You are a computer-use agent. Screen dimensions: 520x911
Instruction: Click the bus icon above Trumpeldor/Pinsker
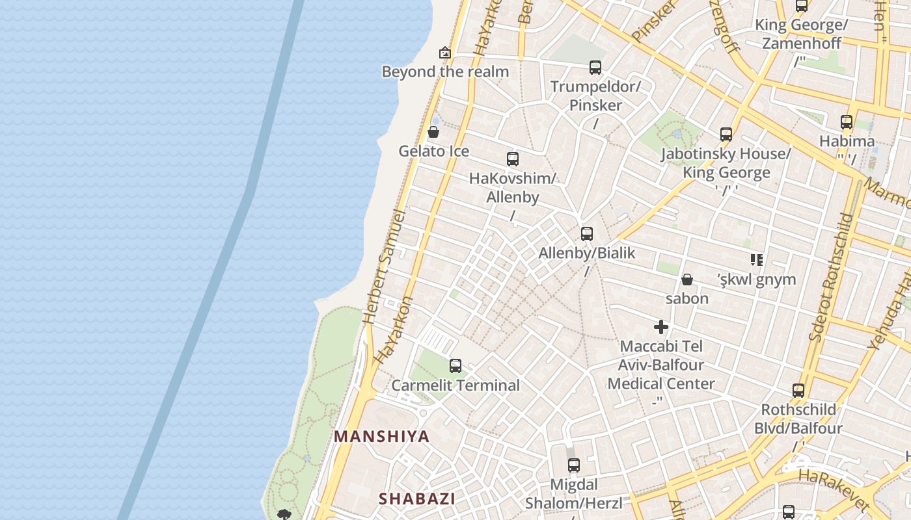pos(595,67)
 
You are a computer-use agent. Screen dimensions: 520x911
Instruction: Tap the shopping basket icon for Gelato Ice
pos(433,133)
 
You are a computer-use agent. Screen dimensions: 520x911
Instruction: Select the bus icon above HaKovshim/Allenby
pos(513,159)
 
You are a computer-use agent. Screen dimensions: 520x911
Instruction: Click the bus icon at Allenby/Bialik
pos(587,233)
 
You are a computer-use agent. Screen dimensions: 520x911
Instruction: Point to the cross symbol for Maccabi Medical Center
pos(661,327)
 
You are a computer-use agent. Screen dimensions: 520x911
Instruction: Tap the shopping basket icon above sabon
pos(687,280)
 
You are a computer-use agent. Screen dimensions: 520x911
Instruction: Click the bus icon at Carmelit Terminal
pos(455,366)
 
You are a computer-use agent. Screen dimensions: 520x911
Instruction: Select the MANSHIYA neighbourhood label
pos(382,437)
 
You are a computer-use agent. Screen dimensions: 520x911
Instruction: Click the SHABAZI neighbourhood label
pos(417,499)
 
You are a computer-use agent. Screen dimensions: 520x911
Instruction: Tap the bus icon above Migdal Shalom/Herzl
pos(573,465)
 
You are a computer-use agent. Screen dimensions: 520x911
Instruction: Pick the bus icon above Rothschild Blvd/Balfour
pos(798,391)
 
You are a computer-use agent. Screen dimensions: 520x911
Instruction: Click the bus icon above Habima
pos(847,122)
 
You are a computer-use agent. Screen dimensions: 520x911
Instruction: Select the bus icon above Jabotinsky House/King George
pos(726,135)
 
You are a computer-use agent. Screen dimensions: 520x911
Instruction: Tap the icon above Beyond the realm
pos(445,53)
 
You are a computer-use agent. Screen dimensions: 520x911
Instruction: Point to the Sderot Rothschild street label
pos(830,277)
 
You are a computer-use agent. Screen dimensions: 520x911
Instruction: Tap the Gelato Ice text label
pos(433,151)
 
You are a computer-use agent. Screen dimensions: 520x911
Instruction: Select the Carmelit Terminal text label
pos(455,385)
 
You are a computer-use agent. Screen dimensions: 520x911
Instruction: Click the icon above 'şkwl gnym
pos(756,260)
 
